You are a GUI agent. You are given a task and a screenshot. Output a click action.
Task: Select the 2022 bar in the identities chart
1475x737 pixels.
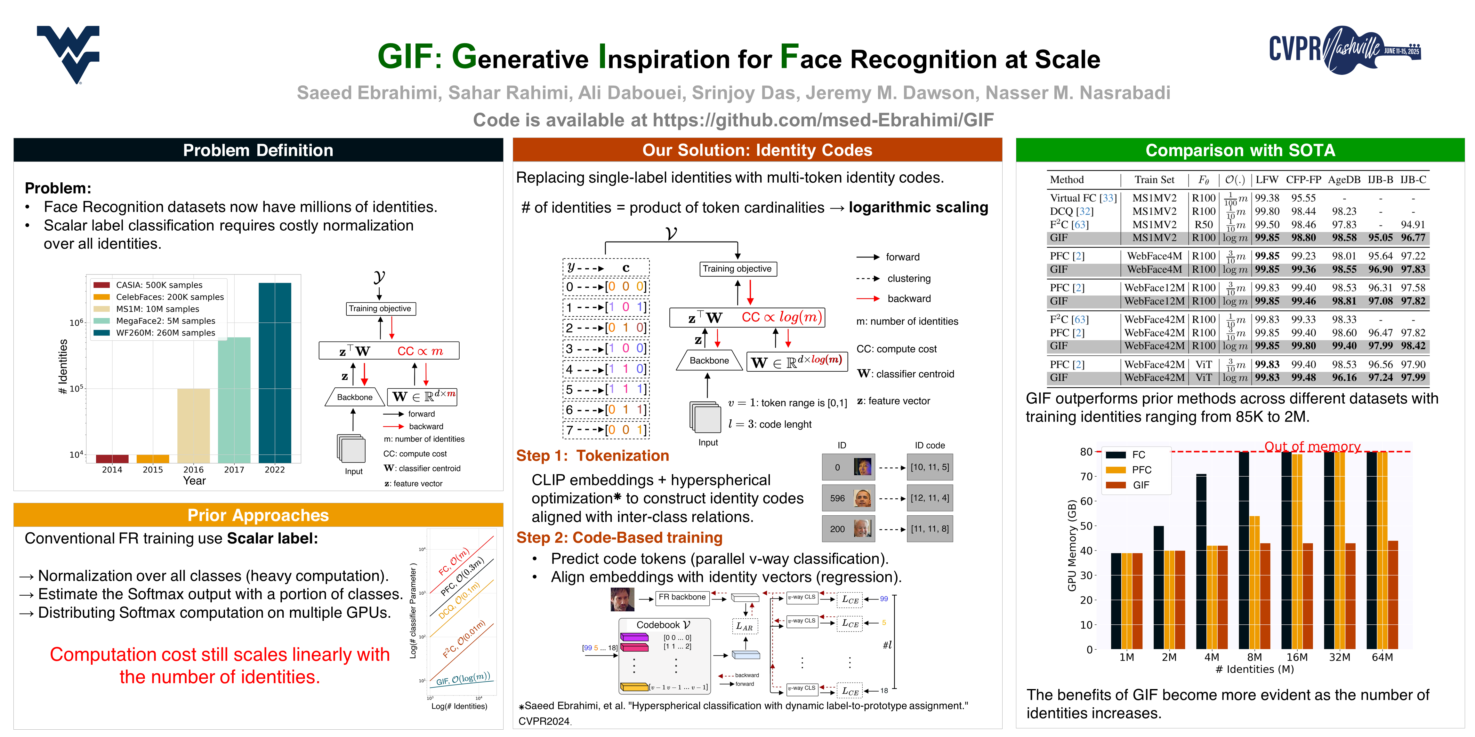(x=275, y=372)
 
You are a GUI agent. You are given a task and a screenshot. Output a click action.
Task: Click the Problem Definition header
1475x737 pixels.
(x=258, y=150)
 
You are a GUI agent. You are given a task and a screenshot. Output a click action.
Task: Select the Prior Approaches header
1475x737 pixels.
(x=258, y=515)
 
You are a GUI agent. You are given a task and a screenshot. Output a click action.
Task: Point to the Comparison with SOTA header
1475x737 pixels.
(x=1240, y=150)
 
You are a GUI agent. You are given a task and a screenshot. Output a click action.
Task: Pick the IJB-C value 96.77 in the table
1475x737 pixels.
(x=1413, y=237)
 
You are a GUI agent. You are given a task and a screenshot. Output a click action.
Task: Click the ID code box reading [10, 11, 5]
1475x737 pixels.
(x=929, y=467)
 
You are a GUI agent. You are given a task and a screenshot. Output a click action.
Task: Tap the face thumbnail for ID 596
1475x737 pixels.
(x=862, y=498)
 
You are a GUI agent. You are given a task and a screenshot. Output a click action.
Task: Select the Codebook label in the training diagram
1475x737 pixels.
(x=663, y=625)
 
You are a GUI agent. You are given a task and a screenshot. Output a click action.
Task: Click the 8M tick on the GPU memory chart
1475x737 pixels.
(x=1254, y=657)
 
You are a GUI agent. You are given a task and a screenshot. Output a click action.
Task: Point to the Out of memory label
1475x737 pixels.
(x=1312, y=446)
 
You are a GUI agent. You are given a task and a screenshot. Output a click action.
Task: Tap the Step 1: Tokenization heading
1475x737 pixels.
(x=592, y=456)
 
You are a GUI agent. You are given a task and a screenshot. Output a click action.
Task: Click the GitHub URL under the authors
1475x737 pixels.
(x=823, y=120)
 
